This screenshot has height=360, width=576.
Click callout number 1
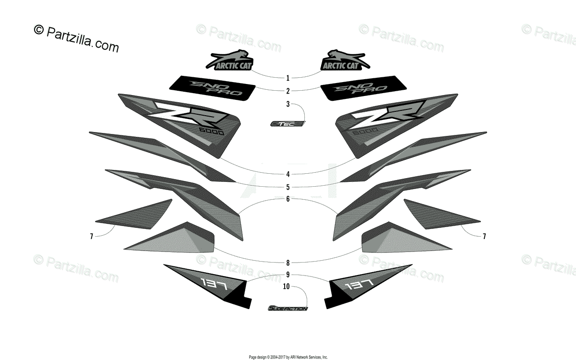point(288,78)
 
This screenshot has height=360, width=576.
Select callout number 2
point(288,91)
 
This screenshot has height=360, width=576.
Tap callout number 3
point(288,104)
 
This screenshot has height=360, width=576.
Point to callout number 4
point(288,174)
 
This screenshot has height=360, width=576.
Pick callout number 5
point(288,187)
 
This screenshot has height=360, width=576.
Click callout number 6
point(288,199)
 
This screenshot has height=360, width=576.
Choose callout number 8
point(288,263)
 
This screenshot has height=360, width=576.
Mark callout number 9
point(288,275)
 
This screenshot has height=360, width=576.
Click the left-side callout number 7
point(90,236)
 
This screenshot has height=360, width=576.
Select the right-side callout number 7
point(484,236)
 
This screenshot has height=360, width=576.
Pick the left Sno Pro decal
point(212,87)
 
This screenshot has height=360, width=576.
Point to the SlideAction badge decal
point(288,308)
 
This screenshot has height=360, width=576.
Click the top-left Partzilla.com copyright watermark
point(76,38)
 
